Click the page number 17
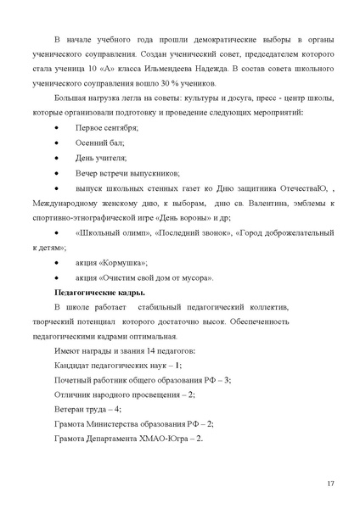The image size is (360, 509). (330, 483)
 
